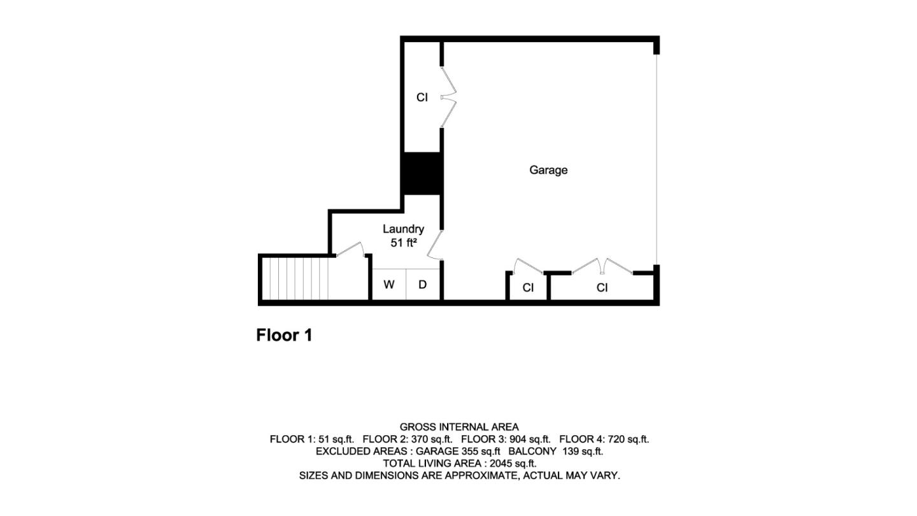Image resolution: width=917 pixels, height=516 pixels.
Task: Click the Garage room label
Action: [x=548, y=170]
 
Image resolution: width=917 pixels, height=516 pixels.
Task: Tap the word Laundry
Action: [x=403, y=229]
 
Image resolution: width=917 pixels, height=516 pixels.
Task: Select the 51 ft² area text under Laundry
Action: [x=403, y=243]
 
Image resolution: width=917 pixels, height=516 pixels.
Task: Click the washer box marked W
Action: [x=388, y=285]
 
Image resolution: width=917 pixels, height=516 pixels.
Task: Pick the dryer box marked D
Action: [x=422, y=285]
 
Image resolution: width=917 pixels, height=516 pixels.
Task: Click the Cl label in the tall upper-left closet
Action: [x=422, y=97]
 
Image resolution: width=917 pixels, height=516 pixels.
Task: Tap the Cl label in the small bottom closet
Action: [x=527, y=288]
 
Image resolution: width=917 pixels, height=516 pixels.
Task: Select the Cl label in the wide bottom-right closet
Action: [x=602, y=288]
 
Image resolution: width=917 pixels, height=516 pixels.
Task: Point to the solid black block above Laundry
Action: [x=422, y=173]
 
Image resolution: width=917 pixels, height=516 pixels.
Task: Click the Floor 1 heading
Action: [x=284, y=335]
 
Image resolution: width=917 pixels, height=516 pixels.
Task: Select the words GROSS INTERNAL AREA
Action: [x=459, y=427]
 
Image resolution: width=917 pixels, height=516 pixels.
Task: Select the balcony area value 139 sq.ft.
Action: [x=583, y=451]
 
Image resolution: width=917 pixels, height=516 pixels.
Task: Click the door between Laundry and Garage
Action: [x=435, y=245]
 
